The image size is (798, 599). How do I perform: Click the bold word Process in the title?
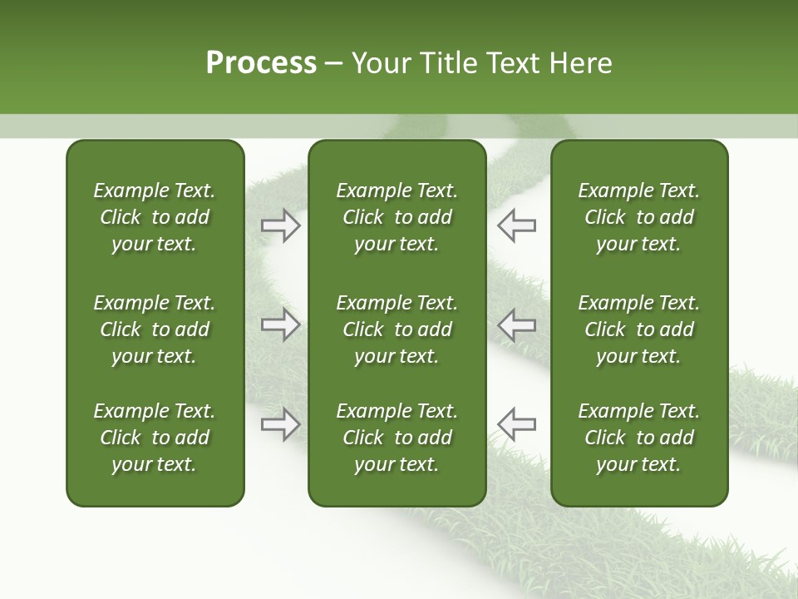coord(261,63)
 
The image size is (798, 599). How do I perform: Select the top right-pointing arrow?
coord(280,225)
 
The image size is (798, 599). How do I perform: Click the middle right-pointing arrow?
coord(280,324)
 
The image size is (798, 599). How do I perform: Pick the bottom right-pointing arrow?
coord(280,424)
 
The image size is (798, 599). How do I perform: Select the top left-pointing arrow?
coord(517,225)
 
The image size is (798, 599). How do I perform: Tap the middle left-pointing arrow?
coord(517,324)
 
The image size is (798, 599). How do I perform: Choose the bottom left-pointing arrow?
coord(517,424)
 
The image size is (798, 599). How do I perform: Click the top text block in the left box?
coord(155,217)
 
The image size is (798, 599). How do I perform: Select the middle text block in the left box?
coord(155,329)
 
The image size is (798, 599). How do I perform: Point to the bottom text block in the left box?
coord(155,438)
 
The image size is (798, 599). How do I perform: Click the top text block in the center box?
coord(397,217)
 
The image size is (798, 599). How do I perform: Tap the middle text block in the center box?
coord(397,329)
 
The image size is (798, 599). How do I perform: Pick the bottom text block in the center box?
coord(397,438)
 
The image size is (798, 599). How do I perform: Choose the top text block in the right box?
coord(638,217)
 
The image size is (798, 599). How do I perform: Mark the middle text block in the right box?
coord(638,329)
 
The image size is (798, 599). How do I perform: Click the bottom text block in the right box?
coord(638,438)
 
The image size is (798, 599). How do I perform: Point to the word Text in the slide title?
coord(509,63)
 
